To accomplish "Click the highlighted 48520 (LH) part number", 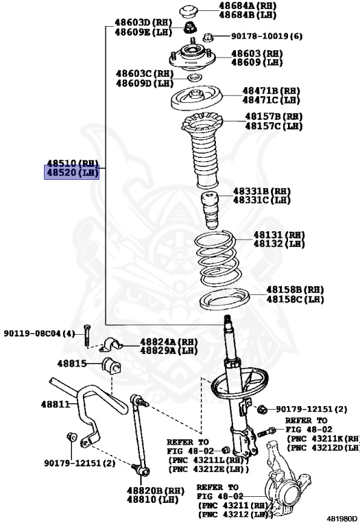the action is tap(72, 173).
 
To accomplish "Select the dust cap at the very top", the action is tap(190, 12).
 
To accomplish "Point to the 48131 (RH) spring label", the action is tap(278, 235).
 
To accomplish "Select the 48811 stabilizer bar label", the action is tap(55, 403).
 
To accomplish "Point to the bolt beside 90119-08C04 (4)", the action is tap(87, 335).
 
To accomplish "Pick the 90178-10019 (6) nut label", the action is tap(266, 36).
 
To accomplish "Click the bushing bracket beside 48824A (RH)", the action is tap(111, 345).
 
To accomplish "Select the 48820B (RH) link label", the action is tap(156, 491).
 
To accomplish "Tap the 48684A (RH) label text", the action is tap(248, 5).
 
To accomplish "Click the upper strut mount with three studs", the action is tap(192, 56).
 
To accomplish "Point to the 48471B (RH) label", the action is tap(271, 91).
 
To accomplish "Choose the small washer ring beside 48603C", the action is tap(194, 78).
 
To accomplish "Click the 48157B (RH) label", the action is tap(274, 117).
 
